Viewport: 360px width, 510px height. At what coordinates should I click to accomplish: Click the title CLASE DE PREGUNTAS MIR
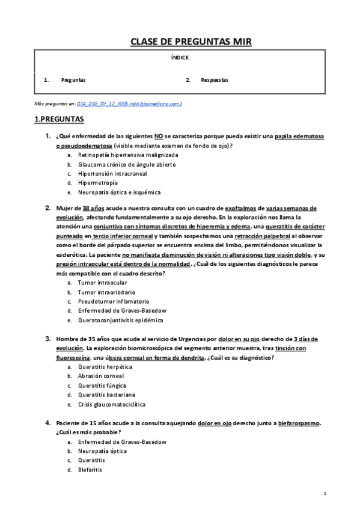pos(191,41)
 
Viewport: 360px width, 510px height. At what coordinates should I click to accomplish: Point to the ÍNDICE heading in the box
pos(180,58)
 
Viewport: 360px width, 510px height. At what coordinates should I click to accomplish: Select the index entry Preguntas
pos(73,80)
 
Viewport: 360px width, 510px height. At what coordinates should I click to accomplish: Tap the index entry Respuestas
pos(215,80)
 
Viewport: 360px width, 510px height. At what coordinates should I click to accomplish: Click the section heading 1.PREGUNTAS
pos(59,120)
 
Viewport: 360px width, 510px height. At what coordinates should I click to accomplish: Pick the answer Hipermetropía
pos(97,183)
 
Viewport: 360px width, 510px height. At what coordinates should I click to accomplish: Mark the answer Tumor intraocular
pos(103,282)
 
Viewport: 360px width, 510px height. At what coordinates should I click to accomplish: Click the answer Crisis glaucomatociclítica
pos(112,404)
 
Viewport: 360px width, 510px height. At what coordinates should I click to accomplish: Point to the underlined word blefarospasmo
pos(299,423)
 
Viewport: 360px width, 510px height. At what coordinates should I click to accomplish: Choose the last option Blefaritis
pos(91,470)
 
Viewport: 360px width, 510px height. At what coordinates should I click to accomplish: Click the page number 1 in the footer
pos(325,494)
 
